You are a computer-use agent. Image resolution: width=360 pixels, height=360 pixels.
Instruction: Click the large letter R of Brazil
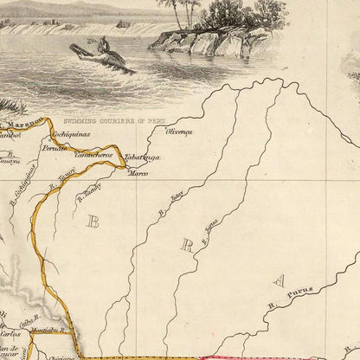click(x=186, y=244)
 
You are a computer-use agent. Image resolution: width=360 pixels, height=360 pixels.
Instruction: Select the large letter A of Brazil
click(x=279, y=279)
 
